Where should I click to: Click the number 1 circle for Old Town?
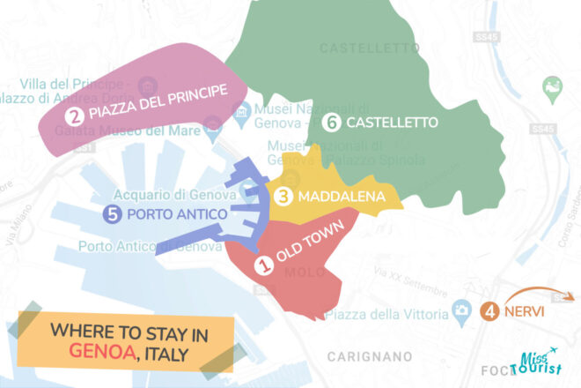262,262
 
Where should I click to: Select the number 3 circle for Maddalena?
284,197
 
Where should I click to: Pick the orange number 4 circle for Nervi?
489,310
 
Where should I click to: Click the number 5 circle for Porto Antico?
112,213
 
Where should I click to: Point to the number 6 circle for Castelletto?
331,123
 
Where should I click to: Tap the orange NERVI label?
526,311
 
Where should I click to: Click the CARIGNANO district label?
369,356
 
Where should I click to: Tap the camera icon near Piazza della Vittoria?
460,310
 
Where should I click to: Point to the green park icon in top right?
552,86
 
